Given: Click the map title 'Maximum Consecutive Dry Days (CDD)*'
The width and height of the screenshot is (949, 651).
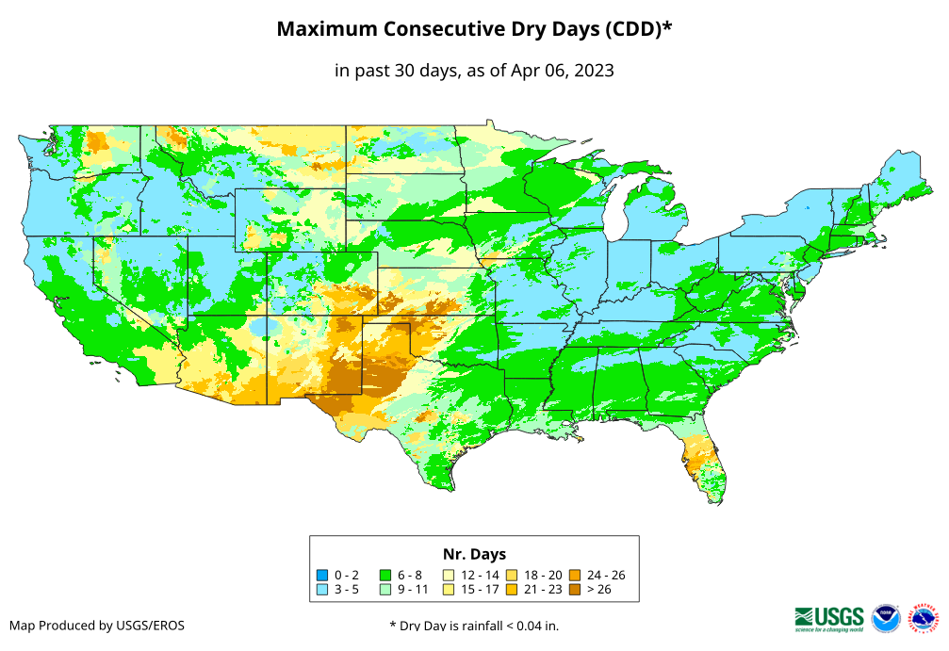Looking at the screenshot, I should coord(474,29).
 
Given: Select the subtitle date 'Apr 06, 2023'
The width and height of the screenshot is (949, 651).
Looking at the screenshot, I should coord(561,71).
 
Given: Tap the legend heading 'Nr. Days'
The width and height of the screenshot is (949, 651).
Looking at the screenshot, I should coord(474,554).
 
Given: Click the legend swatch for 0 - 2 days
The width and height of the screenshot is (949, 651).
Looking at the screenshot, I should coord(322,575).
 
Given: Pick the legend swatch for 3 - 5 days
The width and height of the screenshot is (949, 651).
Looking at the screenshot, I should coord(322,590).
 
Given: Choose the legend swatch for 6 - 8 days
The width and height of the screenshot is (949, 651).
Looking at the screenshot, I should coord(385,575).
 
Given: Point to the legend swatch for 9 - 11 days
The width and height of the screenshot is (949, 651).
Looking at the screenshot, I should coord(385,590).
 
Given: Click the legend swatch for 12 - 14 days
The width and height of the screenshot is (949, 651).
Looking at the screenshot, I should coord(449,575).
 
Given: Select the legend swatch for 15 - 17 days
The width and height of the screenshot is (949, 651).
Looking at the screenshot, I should coord(449,590).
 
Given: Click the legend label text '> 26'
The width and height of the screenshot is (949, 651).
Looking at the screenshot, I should coord(598,590).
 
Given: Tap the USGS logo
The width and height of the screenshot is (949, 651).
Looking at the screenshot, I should coord(829,617).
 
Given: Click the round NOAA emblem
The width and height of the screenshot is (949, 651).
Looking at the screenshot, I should coord(886,617).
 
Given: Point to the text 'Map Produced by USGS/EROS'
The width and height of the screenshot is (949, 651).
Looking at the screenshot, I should coord(97,625).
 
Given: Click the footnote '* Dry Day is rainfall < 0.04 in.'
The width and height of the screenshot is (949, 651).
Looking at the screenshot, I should coord(474,625).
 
